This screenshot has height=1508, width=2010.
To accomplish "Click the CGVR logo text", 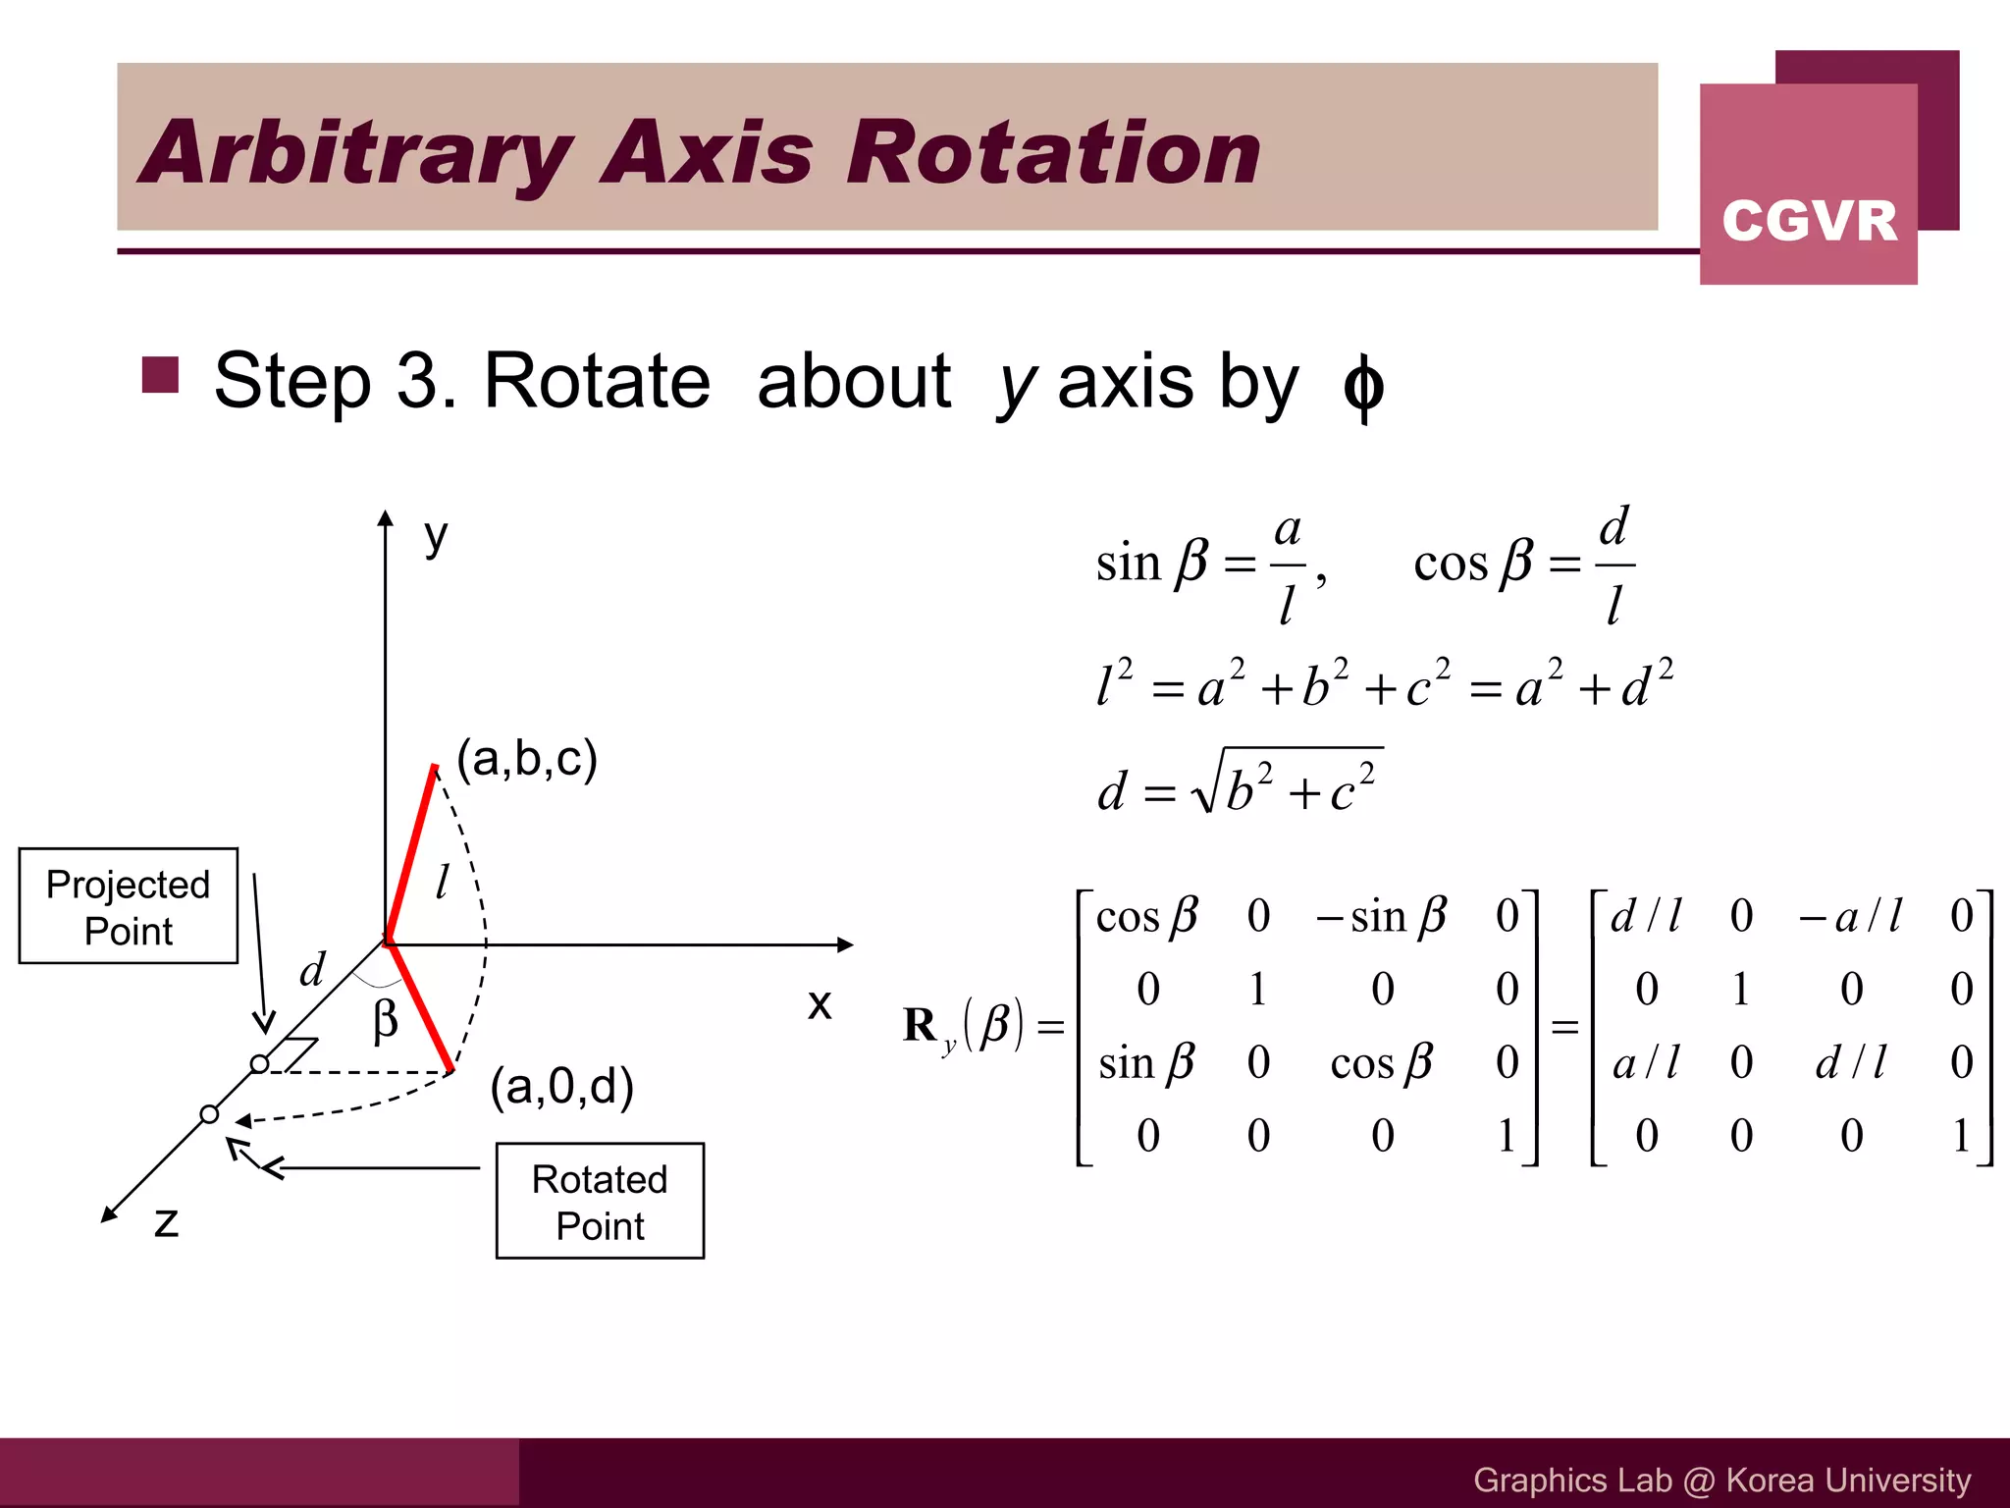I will (x=1809, y=220).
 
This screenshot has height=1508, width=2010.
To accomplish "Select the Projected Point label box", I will (x=129, y=906).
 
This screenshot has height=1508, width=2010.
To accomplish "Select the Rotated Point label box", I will (x=600, y=1201).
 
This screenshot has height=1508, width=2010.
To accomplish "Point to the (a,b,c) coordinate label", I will (x=527, y=759).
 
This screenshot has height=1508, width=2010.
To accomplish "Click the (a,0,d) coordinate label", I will (x=561, y=1086).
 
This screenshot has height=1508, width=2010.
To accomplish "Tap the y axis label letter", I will (x=436, y=537).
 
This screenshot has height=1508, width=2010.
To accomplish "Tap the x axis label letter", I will (x=820, y=1004).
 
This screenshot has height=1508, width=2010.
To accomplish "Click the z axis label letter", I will (x=167, y=1222).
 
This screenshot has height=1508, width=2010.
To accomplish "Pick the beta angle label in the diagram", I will (x=386, y=1020).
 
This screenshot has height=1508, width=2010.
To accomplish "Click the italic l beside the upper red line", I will (x=443, y=881).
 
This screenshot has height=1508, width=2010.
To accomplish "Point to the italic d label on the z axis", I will (x=312, y=970).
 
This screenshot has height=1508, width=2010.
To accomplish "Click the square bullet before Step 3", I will (x=160, y=375).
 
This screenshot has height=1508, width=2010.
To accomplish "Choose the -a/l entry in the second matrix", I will (x=1850, y=916).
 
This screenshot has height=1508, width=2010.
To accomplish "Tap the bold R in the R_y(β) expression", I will (x=921, y=1025).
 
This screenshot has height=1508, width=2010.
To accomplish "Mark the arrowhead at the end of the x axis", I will (x=845, y=944).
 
